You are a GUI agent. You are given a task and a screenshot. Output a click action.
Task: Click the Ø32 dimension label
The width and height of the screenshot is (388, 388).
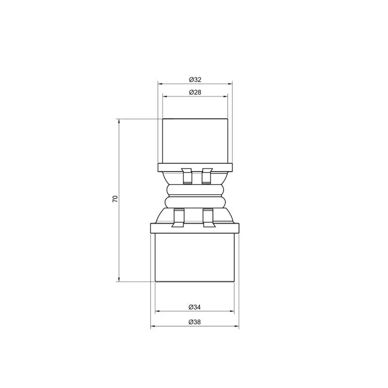(195, 80)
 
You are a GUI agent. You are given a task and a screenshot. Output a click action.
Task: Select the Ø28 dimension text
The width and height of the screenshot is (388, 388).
(195, 92)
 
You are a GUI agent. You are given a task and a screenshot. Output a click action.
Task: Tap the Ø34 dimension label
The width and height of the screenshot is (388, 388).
(194, 307)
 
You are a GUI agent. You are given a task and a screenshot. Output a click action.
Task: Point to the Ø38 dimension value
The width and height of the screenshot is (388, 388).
(194, 322)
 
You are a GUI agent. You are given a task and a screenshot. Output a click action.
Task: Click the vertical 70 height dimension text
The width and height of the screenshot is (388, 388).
(115, 199)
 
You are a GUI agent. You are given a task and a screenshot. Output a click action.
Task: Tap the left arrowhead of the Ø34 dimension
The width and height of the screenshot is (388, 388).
(158, 311)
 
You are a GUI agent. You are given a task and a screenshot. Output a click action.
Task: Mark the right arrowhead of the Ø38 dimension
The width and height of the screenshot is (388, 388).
(237, 326)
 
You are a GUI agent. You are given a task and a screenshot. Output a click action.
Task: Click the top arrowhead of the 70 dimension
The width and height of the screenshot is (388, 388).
(119, 121)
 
